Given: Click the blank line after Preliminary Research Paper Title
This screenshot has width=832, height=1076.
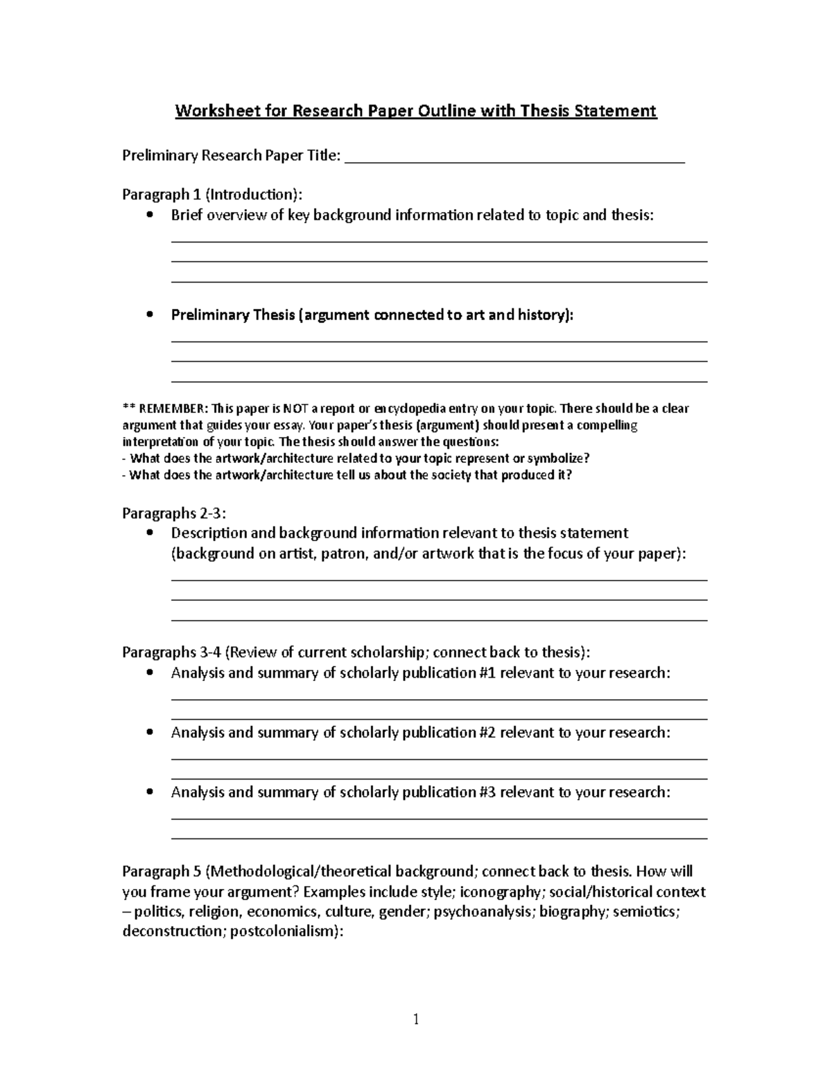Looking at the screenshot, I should click(514, 159).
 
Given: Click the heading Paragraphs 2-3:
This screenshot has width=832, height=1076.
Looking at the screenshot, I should click(174, 513).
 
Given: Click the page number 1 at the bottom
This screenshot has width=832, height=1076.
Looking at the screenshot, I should click(416, 1019).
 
